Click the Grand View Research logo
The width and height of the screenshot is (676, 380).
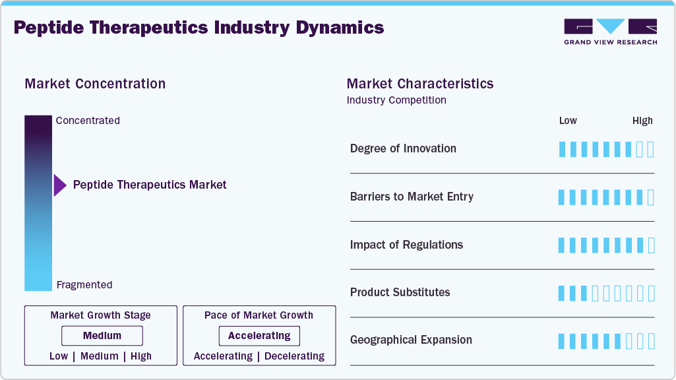(610, 31)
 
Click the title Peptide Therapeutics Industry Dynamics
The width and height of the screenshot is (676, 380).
(199, 28)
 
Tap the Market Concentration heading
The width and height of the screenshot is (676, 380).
(95, 84)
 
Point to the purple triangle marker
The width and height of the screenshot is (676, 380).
(60, 185)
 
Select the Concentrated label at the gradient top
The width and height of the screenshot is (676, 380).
(88, 121)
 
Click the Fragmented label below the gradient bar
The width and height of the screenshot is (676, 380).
(84, 285)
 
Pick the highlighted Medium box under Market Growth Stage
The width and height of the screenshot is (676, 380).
(102, 336)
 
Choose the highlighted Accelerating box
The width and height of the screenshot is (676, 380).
(259, 336)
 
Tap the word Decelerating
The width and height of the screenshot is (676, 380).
(293, 356)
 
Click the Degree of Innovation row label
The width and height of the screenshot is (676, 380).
(403, 148)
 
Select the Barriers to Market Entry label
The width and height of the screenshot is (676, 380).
(412, 197)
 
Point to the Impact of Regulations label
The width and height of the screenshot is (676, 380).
(406, 245)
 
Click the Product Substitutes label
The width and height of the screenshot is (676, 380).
(400, 292)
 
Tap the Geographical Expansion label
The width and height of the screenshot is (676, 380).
(411, 340)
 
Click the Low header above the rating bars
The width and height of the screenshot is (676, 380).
(568, 121)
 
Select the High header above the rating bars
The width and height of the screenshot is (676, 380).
(642, 121)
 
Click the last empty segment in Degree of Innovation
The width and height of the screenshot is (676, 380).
(651, 149)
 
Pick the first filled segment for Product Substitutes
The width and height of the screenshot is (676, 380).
(562, 293)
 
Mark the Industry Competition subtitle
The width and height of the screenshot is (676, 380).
(396, 100)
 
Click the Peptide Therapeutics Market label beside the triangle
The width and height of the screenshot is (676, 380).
(150, 185)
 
